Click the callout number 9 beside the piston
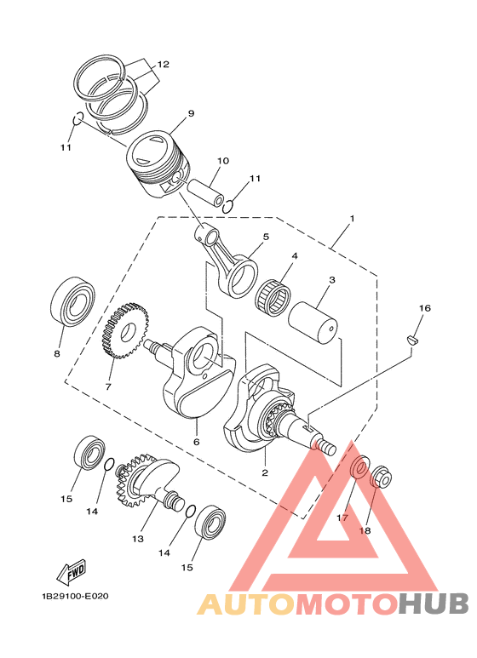(192, 113)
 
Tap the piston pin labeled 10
(205, 186)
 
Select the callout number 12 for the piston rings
(163, 65)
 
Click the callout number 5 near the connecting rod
(265, 237)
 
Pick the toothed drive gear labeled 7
(121, 334)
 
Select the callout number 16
(424, 307)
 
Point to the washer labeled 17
(360, 467)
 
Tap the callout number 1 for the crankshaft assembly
(351, 219)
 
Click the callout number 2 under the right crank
(265, 472)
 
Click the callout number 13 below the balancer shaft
(136, 539)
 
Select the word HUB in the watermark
(434, 604)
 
